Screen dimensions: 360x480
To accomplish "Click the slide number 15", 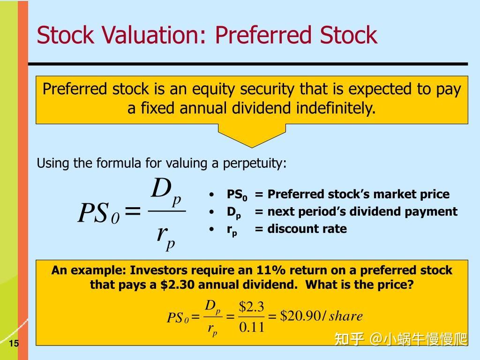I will (13, 344).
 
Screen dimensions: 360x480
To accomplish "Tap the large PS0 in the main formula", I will (99, 214).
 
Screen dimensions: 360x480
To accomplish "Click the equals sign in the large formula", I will (133, 212).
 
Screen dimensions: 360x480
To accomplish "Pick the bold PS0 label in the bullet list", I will (237, 195).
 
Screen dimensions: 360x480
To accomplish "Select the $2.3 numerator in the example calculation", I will (252, 307).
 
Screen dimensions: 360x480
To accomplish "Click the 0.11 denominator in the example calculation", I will (252, 327).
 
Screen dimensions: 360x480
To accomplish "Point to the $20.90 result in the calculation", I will (300, 316).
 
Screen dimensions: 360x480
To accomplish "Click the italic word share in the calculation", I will (346, 316).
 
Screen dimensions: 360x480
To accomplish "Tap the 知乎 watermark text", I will (349, 339).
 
